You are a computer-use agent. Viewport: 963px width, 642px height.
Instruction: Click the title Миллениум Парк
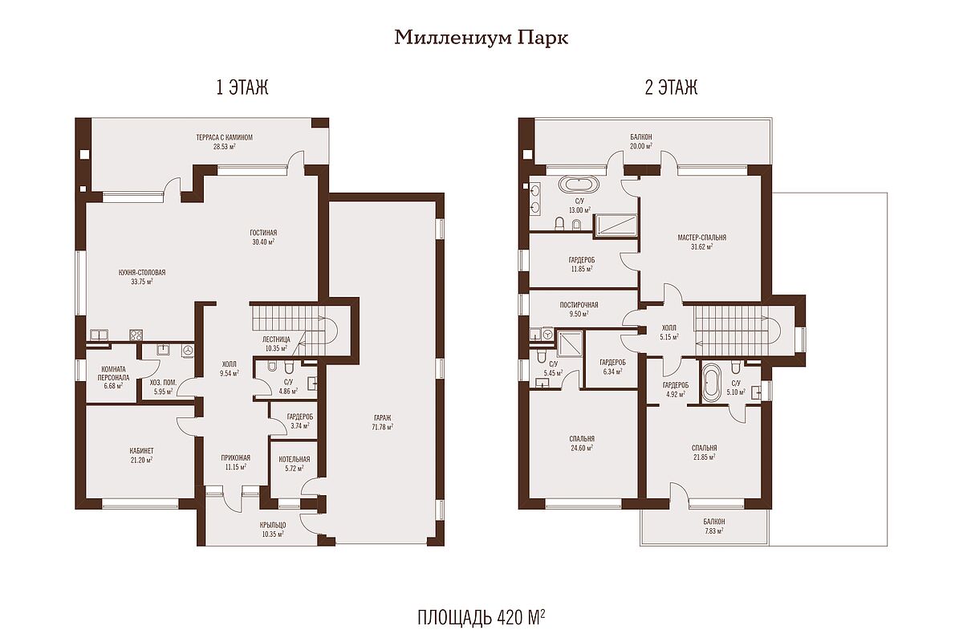tap(481, 38)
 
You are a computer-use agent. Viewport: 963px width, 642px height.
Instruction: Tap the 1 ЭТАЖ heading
tap(242, 87)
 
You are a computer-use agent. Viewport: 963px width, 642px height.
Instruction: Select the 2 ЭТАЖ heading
tap(671, 87)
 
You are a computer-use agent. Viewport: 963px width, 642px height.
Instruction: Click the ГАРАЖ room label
tap(383, 417)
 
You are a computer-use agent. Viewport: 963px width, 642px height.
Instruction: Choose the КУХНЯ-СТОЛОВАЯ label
tap(142, 272)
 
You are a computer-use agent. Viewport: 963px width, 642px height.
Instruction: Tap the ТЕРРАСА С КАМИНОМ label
tap(225, 137)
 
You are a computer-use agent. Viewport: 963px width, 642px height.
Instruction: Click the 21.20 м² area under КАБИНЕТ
tap(141, 460)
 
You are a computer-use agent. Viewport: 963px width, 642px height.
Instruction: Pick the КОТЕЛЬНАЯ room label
tap(295, 459)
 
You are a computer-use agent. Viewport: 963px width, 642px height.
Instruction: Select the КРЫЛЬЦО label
tap(273, 525)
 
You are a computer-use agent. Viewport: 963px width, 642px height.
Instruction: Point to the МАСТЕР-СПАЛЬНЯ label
tap(702, 238)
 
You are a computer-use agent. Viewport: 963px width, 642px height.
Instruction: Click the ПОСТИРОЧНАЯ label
tap(579, 305)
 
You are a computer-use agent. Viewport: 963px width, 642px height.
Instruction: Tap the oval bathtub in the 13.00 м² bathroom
tap(579, 185)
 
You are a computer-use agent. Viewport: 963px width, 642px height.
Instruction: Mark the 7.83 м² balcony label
tap(714, 530)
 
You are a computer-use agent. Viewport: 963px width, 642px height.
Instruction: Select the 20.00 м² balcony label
tap(641, 146)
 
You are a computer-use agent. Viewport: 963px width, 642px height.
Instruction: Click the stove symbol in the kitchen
tap(136, 335)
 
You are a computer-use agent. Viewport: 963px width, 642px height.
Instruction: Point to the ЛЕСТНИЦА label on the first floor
tap(276, 339)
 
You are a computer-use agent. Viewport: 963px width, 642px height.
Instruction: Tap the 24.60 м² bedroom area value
tap(582, 448)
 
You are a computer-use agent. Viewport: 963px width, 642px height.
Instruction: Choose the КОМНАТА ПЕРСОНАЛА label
tap(113, 373)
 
